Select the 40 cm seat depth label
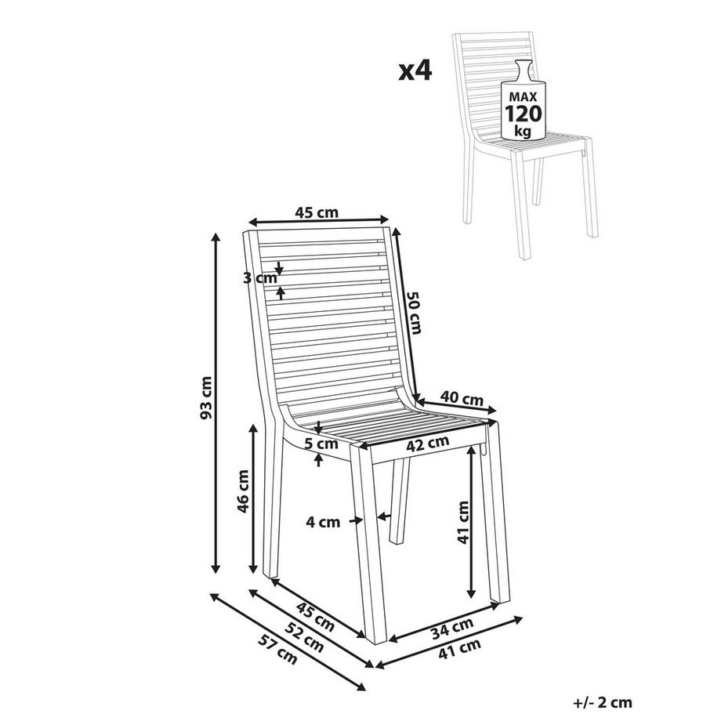click(x=462, y=398)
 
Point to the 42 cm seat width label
click(x=427, y=444)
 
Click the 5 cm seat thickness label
click(x=322, y=444)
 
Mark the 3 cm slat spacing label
click(x=260, y=278)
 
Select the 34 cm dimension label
click(x=453, y=627)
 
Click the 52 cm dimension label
click(x=303, y=636)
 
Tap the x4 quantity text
click(x=415, y=71)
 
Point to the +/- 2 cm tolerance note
click(x=601, y=704)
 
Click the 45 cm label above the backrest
click(x=317, y=212)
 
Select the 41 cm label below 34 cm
click(x=458, y=648)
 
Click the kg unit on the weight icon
click(x=523, y=131)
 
